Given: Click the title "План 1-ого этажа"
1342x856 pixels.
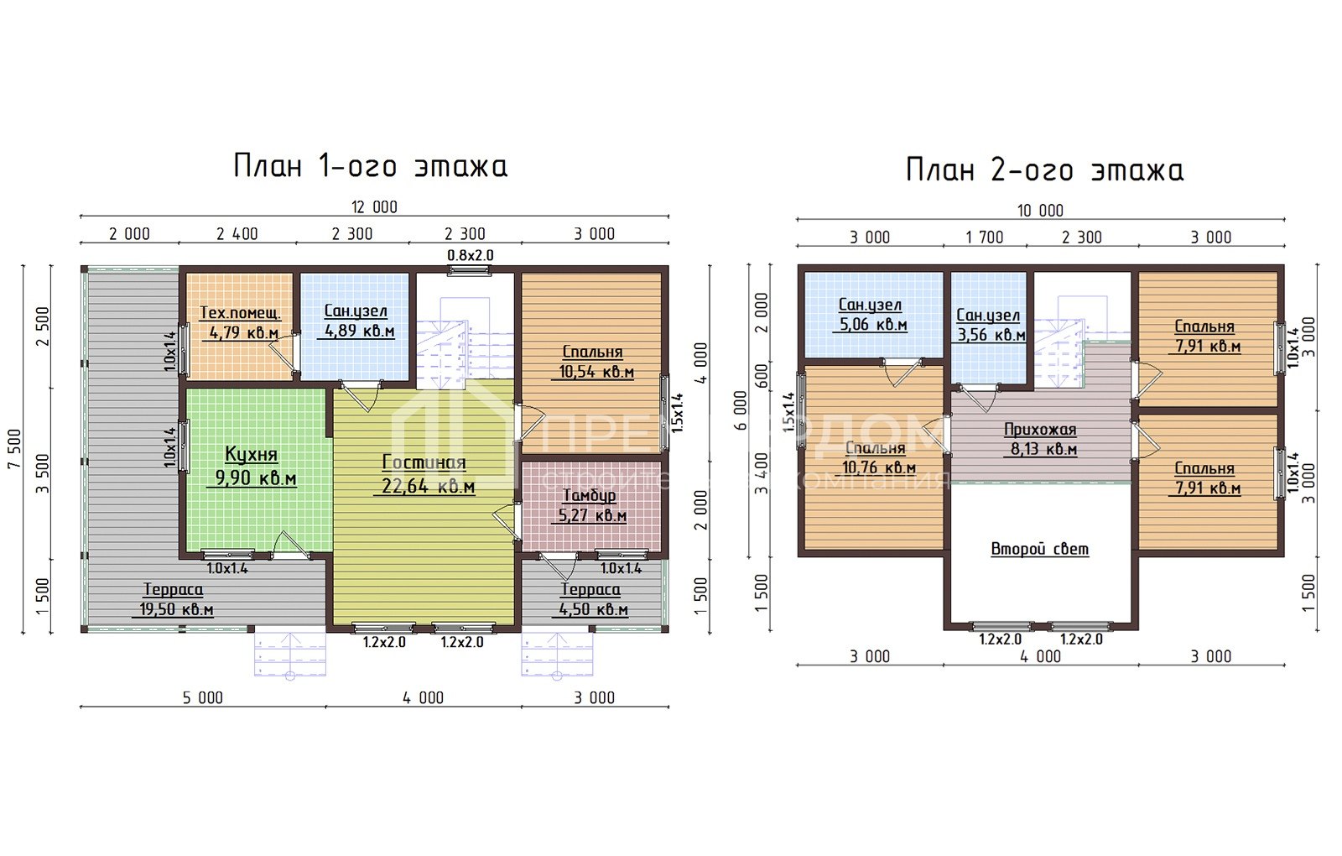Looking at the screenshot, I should [x=370, y=166].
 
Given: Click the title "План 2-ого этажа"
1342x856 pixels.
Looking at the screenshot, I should [x=1044, y=170].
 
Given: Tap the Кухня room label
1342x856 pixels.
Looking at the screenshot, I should [x=251, y=455].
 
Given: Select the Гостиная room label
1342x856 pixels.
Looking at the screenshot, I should [x=424, y=462].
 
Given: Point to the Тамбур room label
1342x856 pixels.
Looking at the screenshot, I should [x=589, y=496].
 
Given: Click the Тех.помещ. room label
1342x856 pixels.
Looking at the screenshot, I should [x=240, y=313].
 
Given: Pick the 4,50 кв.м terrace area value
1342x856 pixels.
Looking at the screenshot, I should [x=593, y=609].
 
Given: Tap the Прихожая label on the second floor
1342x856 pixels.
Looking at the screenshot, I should [x=1040, y=430].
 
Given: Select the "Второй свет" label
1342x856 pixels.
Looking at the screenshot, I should [x=1040, y=549].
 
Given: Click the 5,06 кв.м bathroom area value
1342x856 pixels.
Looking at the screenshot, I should [x=872, y=325].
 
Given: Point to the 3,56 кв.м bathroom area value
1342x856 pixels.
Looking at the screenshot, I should [x=990, y=335].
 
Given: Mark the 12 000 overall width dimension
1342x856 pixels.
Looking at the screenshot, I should [x=374, y=206].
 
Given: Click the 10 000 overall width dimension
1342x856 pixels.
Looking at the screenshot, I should [x=1040, y=211].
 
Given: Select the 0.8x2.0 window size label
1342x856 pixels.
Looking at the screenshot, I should [x=471, y=255].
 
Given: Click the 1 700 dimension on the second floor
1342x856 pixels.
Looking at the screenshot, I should [x=985, y=237].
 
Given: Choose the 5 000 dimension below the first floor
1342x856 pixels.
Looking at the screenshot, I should [x=203, y=697].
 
